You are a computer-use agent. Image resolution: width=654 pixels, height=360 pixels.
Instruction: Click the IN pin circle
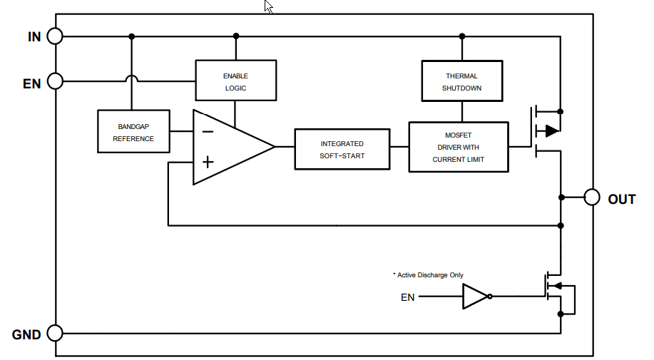coord(55,36)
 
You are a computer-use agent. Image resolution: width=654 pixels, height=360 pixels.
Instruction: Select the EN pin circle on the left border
coord(55,82)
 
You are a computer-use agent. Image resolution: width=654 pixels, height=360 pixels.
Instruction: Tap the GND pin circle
coord(55,333)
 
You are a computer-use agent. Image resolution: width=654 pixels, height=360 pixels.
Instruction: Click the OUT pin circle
coord(591,197)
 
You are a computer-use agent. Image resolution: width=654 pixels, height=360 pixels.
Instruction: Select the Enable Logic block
coord(235,81)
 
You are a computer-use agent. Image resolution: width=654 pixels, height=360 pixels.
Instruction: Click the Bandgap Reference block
coord(133,131)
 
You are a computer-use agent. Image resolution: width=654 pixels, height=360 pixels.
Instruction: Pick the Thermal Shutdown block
coord(461,81)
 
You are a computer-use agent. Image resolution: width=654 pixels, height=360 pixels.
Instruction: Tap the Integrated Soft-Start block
coord(342,149)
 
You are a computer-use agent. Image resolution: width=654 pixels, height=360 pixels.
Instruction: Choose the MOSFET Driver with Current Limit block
coord(458,147)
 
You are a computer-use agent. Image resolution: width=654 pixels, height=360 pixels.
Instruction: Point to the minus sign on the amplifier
coord(207,131)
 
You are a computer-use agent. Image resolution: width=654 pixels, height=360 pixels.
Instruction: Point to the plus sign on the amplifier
coord(207,163)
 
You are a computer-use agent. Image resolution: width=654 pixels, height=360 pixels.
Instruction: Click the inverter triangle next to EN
coord(474,297)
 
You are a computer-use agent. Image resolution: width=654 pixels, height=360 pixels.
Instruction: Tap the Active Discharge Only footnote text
coord(428,274)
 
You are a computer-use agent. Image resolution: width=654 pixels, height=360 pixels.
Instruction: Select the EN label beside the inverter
coord(407,297)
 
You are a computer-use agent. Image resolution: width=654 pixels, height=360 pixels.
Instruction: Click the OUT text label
coord(621,199)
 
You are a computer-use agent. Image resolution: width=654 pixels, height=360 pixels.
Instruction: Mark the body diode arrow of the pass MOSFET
coord(551,130)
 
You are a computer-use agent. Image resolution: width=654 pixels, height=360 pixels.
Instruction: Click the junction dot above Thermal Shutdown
coord(461,36)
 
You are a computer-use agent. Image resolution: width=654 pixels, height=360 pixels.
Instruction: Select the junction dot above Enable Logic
coord(235,36)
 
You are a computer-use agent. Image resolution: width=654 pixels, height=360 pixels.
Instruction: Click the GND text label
coord(26,334)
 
